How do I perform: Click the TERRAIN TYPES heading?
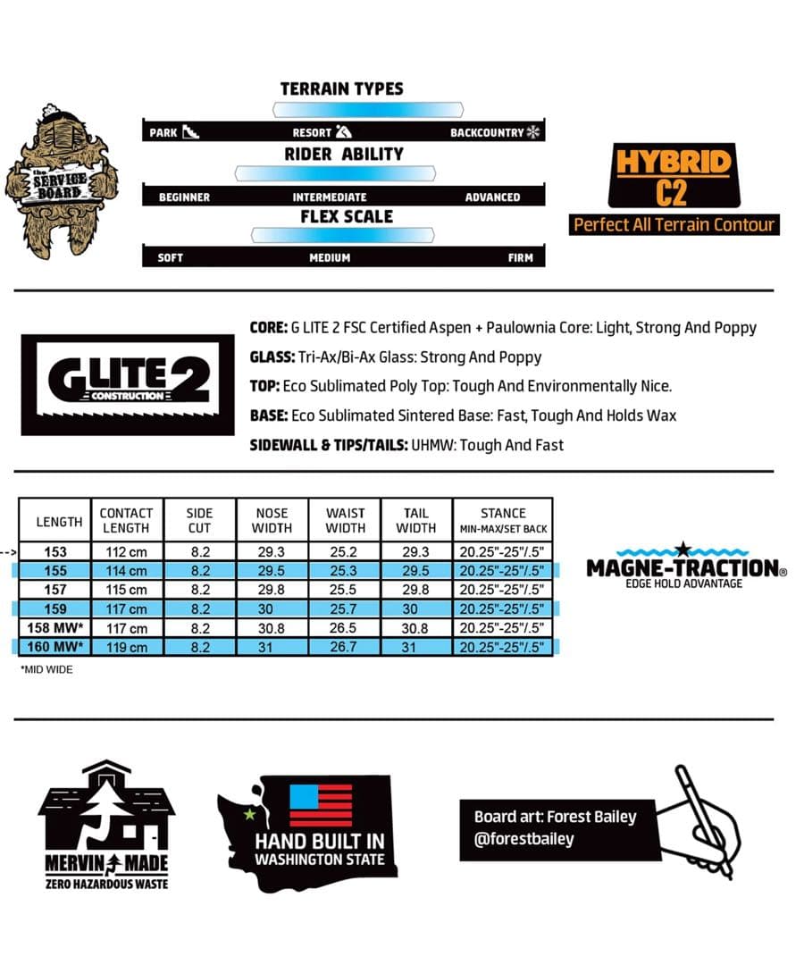[x=341, y=88]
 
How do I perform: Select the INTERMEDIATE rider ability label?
[x=330, y=197]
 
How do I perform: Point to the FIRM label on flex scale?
[x=520, y=257]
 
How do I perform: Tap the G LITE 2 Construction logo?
[x=127, y=384]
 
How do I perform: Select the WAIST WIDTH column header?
[x=345, y=520]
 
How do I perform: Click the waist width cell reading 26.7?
[x=345, y=647]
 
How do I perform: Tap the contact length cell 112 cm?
[x=126, y=552]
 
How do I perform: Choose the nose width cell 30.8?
[x=272, y=628]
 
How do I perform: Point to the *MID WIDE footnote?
[x=46, y=669]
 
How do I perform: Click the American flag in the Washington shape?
[x=321, y=805]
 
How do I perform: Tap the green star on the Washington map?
[x=249, y=814]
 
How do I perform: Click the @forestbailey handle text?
[x=524, y=839]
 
